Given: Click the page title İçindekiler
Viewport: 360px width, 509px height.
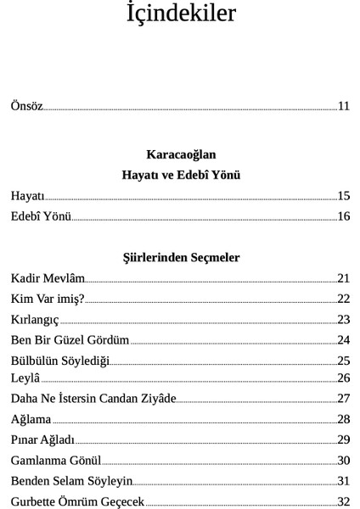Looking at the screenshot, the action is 180,15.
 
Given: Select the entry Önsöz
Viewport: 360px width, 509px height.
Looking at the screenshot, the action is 26,106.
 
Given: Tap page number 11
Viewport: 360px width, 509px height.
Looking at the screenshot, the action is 344,106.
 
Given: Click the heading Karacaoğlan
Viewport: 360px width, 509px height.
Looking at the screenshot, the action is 181,154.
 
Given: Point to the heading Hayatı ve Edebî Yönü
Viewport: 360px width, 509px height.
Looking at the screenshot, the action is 181,175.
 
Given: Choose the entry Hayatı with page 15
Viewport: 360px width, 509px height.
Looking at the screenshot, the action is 27,196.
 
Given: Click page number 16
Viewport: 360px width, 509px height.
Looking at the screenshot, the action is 344,216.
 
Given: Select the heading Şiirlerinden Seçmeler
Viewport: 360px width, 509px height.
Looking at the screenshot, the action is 181,257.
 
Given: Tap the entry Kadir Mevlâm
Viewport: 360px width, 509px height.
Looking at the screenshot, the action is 48,278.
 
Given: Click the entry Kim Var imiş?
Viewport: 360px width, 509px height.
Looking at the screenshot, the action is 48,299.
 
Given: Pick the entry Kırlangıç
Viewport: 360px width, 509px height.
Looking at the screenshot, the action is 35,320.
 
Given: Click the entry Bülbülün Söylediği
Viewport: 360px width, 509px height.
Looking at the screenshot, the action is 60,361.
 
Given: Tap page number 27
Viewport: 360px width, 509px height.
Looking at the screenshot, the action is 344,399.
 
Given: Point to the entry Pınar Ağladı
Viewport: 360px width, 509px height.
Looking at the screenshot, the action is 42,439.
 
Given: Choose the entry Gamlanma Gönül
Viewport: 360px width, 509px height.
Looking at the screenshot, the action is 56,461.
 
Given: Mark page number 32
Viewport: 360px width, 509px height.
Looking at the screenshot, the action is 344,501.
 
